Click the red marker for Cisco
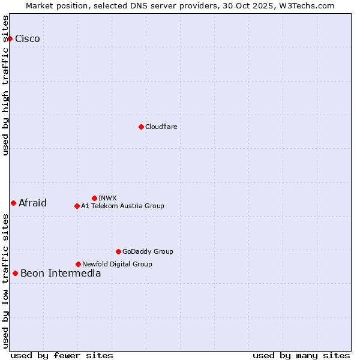[10, 38]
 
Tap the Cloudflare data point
[141, 127]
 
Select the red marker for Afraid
[13, 203]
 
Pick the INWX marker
[94, 198]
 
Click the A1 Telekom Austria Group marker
[77, 206]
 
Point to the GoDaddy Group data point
[118, 251]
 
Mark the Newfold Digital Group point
[78, 264]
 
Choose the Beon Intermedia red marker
[15, 274]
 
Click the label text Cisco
[28, 38]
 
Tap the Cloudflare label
[161, 127]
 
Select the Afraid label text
[32, 203]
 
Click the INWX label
[107, 198]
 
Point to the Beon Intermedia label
[61, 274]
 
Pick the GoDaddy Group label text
[148, 251]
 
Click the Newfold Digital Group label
[117, 264]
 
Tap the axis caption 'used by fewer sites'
[62, 355]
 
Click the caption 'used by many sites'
[301, 355]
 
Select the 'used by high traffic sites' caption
[6, 85]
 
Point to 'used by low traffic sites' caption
[6, 281]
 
